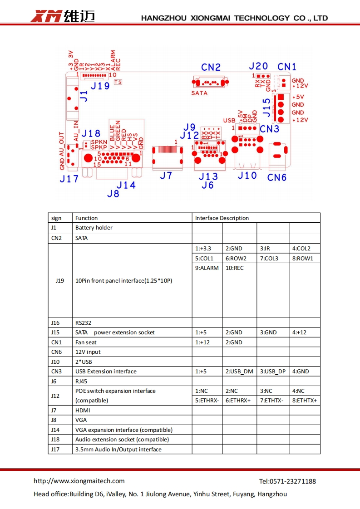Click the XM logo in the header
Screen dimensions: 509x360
(x=46, y=17)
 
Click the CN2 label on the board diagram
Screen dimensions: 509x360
(x=211, y=67)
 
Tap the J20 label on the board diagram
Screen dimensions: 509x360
(x=258, y=66)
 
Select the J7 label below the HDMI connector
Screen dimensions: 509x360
(x=166, y=175)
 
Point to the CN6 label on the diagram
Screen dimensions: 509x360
(x=277, y=177)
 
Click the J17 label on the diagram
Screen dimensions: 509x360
(x=69, y=179)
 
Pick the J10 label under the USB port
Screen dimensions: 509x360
(x=247, y=175)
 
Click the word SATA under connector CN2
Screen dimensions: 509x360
(x=199, y=93)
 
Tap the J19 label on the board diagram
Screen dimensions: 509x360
(x=100, y=86)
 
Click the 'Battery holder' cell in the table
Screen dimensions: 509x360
(x=94, y=228)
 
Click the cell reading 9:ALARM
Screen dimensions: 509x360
(x=207, y=268)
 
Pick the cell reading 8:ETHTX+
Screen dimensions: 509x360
(x=304, y=401)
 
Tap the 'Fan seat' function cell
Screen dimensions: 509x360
(x=86, y=343)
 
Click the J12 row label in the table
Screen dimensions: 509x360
(x=55, y=396)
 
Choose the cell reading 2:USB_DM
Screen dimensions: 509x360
(x=239, y=372)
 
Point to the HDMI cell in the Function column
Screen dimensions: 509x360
(x=83, y=411)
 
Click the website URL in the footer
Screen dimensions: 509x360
(x=79, y=481)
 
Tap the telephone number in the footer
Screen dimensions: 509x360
(x=287, y=481)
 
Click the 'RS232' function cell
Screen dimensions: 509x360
(x=83, y=323)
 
